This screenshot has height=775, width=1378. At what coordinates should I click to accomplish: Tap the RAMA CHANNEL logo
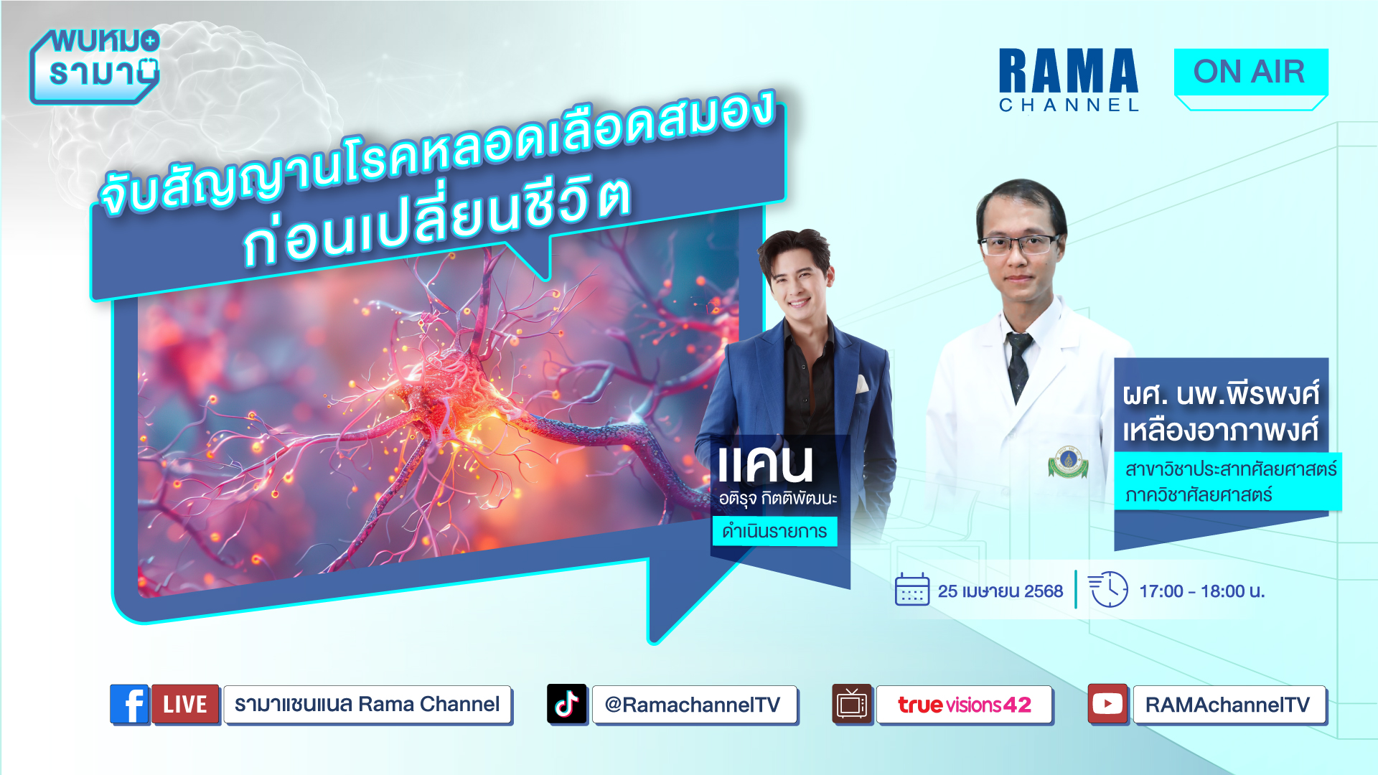[1069, 80]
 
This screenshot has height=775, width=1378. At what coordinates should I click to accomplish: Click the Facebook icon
[129, 704]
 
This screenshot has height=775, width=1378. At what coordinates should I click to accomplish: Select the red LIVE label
[185, 704]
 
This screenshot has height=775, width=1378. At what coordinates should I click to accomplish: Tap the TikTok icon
[566, 704]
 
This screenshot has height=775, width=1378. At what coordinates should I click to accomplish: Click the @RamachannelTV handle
[694, 705]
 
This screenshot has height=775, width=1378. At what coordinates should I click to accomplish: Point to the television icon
[852, 704]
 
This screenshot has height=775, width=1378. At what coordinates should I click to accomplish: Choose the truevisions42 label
[964, 705]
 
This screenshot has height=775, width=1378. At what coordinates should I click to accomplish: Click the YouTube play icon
[1107, 704]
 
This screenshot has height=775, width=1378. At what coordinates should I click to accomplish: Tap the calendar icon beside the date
[912, 590]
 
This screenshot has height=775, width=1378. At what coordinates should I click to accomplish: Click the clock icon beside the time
[1109, 589]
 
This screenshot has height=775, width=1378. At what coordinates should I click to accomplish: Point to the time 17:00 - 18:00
[1202, 591]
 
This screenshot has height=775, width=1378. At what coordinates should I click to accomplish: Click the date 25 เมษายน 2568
[1000, 591]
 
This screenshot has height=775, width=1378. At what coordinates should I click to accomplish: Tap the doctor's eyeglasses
[1020, 245]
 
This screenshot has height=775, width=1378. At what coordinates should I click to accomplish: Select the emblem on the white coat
[1068, 461]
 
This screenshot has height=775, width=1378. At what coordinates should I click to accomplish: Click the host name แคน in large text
[766, 465]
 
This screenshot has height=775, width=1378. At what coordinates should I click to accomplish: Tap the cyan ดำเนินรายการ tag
[774, 532]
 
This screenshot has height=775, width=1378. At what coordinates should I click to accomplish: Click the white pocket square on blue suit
[862, 385]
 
